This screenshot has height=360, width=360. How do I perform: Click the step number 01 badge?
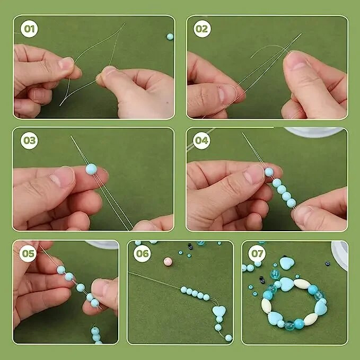click(x=29, y=29)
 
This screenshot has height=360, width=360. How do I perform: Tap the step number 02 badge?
click(x=202, y=29)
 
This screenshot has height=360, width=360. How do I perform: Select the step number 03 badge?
click(x=29, y=141)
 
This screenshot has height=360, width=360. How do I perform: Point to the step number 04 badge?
click(x=201, y=141)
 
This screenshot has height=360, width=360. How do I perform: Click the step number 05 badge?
click(x=28, y=253)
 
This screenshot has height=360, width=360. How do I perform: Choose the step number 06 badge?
click(x=142, y=253)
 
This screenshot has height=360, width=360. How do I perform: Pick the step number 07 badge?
click(x=257, y=253)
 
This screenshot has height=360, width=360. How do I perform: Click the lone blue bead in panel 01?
click(x=170, y=37)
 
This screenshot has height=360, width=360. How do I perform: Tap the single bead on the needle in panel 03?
click(x=91, y=169)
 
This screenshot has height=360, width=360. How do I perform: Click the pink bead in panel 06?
click(x=168, y=261)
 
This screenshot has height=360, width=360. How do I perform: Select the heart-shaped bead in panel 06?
click(x=219, y=311)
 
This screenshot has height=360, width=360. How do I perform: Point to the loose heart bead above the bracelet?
click(x=287, y=262)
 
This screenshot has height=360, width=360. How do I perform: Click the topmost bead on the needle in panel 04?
click(x=269, y=172)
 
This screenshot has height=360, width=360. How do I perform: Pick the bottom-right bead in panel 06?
click(x=229, y=338)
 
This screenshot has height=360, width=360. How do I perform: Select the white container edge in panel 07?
click(x=339, y=256)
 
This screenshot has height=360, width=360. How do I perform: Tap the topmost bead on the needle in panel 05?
click(x=61, y=270)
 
